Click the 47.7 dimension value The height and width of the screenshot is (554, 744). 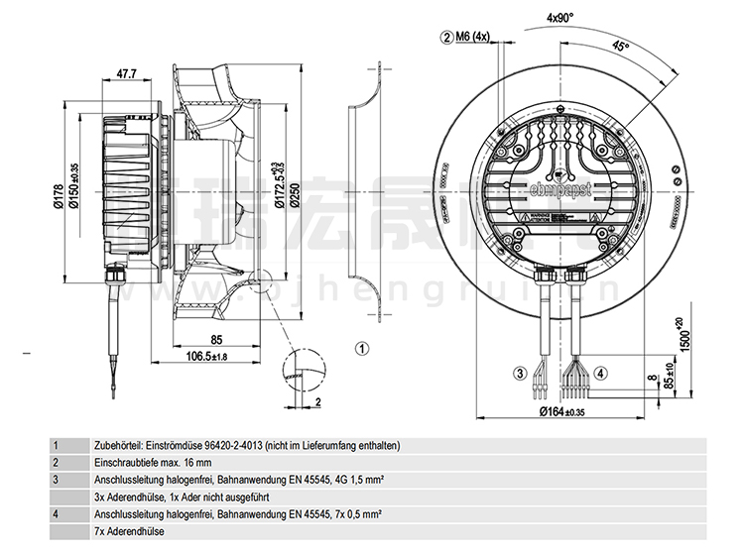pos(126,73)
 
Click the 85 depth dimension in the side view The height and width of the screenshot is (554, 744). pos(216,341)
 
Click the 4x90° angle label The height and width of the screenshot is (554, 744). pos(560,18)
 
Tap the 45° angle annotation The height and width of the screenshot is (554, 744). pos(621,47)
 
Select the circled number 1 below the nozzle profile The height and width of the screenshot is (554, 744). pos(363,348)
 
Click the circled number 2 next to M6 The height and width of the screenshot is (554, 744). pos(446,38)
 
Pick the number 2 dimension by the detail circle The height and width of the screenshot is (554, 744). pos(317,401)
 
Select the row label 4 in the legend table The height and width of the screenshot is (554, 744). pos(57,513)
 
